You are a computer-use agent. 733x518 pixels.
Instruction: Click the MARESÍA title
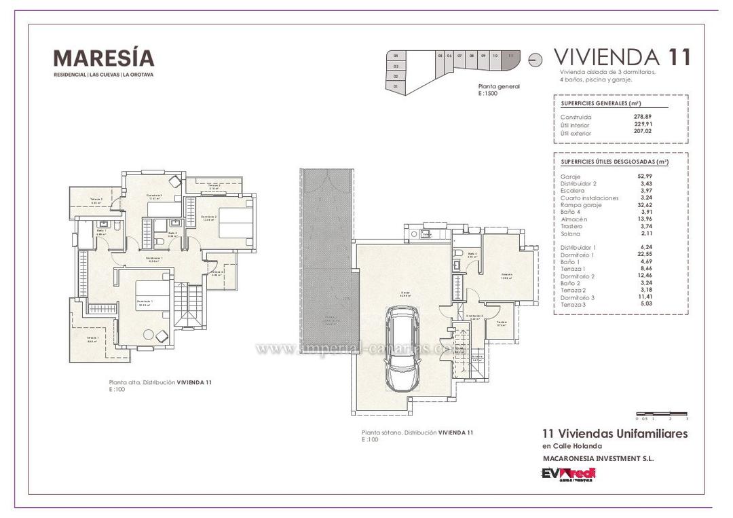(104, 58)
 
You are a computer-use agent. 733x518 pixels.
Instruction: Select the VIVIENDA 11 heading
(622, 57)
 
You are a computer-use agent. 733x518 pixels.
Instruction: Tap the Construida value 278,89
(643, 117)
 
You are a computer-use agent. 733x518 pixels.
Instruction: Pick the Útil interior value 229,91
(643, 125)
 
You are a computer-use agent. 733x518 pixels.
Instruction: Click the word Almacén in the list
(574, 219)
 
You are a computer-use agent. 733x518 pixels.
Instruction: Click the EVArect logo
(569, 474)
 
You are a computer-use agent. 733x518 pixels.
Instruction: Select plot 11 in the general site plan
(510, 59)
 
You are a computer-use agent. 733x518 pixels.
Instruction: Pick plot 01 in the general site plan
(395, 87)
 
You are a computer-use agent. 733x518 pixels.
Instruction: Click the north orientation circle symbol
(535, 60)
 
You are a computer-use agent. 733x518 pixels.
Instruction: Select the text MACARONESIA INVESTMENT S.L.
(598, 459)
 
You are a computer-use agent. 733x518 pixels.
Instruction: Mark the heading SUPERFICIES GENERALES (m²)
(601, 103)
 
